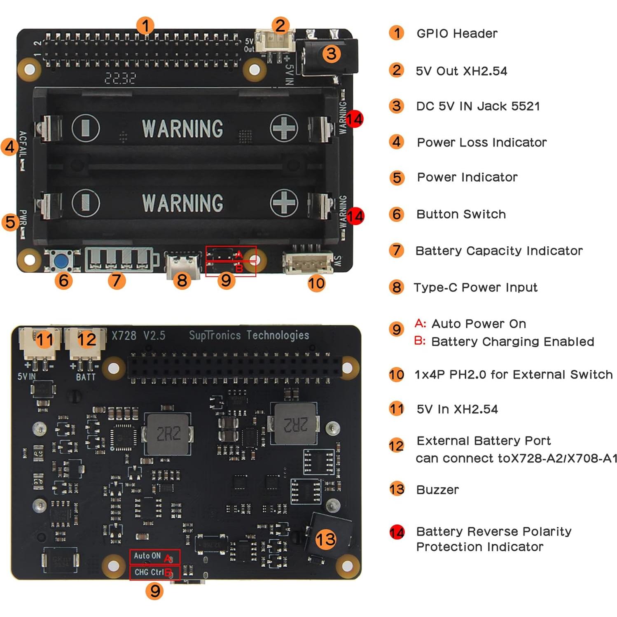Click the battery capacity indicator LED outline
(121, 260)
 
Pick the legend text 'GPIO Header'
(457, 33)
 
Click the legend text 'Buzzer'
(437, 490)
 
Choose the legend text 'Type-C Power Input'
(475, 287)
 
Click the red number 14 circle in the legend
(397, 532)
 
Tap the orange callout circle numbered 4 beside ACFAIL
(10, 147)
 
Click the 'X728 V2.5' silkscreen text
(138, 336)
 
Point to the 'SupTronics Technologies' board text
(249, 335)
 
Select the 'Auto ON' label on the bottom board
(147, 556)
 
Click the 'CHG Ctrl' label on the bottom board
(149, 572)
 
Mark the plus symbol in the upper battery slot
(284, 128)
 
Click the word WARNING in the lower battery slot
(182, 203)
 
